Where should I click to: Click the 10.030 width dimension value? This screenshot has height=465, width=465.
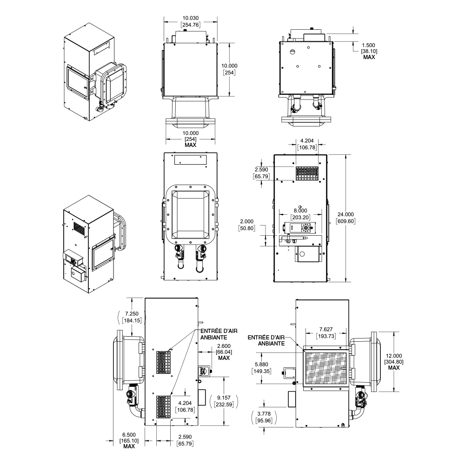coord(191,18)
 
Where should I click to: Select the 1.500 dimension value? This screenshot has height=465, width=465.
coord(369,46)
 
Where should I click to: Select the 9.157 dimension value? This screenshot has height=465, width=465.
coord(223,398)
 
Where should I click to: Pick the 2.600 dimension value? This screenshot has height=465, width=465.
coord(223,346)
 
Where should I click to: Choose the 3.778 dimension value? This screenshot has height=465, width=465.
coord(264,414)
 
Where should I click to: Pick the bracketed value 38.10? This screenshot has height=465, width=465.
coord(369,52)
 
